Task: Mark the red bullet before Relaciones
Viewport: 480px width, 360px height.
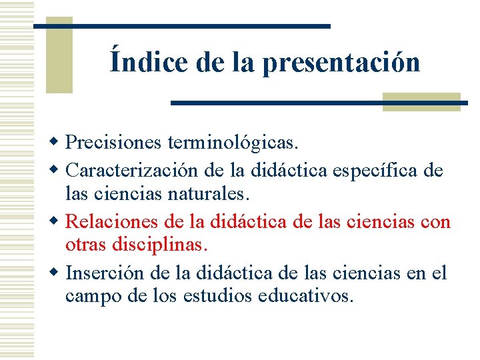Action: (x=58, y=221)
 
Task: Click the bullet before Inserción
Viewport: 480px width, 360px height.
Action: (x=58, y=272)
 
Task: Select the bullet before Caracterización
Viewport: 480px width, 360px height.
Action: (x=58, y=171)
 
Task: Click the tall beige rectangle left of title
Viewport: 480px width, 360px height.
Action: (x=59, y=55)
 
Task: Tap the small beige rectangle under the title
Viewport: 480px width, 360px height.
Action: (x=421, y=101)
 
